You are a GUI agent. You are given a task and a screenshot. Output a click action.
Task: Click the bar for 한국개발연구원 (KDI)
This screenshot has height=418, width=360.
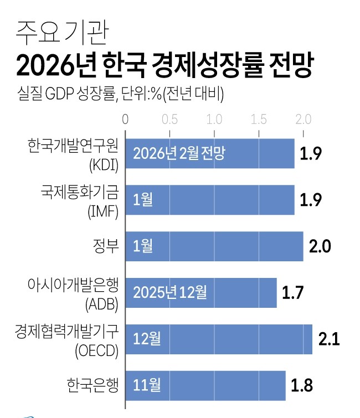click(210, 153)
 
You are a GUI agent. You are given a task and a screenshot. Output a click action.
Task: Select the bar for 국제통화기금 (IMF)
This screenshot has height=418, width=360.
click(210, 199)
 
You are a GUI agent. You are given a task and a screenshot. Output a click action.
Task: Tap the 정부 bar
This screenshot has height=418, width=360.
click(215, 246)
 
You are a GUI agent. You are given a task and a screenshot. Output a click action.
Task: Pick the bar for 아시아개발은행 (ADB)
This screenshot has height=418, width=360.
click(202, 292)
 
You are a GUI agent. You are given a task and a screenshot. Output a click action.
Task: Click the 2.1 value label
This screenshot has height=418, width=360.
click(329, 339)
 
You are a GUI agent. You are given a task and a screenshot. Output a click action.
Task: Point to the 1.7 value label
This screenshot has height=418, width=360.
click(294, 292)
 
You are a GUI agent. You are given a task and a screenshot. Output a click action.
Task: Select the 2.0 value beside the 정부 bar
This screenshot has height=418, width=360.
click(320, 246)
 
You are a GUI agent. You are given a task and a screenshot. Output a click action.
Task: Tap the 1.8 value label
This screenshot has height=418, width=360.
click(302, 385)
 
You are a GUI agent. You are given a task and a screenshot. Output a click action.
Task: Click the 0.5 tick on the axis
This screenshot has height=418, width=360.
click(170, 119)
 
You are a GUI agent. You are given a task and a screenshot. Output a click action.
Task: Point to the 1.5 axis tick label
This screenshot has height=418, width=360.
click(259, 119)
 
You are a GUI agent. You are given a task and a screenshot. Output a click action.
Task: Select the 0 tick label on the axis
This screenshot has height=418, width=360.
click(126, 119)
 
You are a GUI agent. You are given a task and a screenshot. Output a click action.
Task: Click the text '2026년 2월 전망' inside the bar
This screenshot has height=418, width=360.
click(179, 153)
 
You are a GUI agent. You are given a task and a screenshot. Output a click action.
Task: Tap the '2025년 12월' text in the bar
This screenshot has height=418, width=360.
click(170, 292)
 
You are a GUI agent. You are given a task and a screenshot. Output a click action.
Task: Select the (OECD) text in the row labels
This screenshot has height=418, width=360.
click(97, 351)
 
